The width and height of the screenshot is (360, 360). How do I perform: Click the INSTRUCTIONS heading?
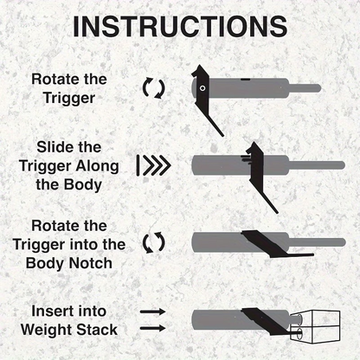coord(180,27)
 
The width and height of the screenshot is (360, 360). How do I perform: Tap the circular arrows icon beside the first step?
coord(153,87)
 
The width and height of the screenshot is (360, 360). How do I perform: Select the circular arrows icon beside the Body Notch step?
coord(153,241)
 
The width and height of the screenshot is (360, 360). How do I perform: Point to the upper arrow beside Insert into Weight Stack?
coord(153,310)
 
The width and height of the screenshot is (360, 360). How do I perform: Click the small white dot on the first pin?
coord(202,88)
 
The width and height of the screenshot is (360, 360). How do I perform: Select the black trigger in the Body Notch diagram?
coord(268,245)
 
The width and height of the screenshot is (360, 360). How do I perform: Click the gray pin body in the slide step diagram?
coord(216,164)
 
